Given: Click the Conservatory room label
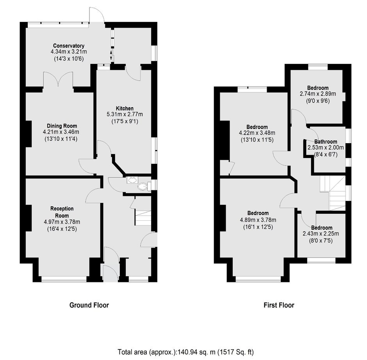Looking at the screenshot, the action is tap(69, 46).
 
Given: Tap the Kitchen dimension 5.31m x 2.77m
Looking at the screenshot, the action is tap(125, 115).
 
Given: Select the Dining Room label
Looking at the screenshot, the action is tap(62, 126).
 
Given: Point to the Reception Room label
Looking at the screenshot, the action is tap(62, 212).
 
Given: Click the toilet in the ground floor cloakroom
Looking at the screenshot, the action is tap(143, 186).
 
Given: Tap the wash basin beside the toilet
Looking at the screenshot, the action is tap(132, 180).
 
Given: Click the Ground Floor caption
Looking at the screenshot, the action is tap(89, 305).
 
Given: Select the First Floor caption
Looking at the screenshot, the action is tap(279, 305).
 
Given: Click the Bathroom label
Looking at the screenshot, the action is tap(326, 142).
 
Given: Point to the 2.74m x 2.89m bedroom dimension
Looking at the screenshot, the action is tap(318, 94).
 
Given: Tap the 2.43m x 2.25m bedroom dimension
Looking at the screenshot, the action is tap(321, 234).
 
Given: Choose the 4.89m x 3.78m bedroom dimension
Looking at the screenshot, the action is tap(258, 220).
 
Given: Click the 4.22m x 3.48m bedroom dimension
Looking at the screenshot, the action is tap(257, 133).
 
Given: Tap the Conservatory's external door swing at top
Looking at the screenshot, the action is tap(96, 14).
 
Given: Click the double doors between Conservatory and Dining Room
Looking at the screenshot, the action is tap(58, 80).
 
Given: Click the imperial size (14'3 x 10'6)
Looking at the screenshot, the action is tap(69, 59).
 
